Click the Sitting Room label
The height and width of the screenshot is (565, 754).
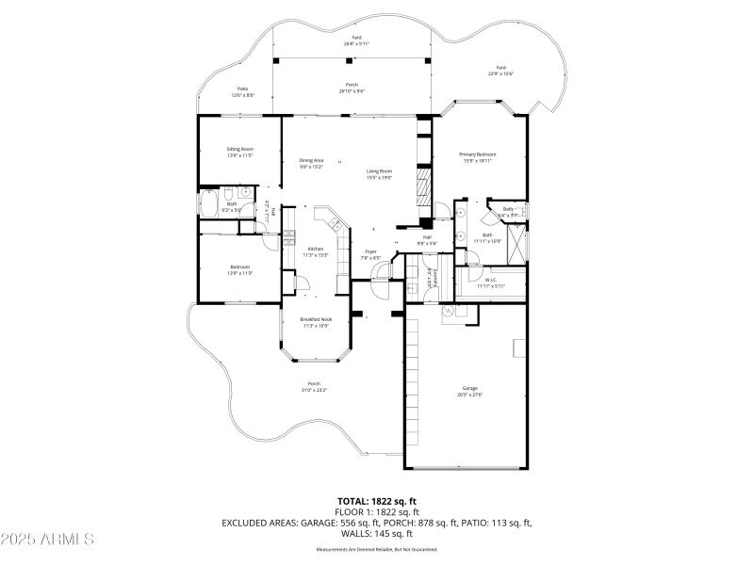(239, 149)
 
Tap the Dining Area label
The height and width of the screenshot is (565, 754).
(312, 161)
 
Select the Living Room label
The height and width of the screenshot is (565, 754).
(379, 171)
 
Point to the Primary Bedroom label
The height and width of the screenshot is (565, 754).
(478, 154)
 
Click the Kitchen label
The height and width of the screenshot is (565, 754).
(316, 249)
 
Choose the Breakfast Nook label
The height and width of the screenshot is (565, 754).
(316, 319)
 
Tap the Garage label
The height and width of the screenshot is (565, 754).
(468, 388)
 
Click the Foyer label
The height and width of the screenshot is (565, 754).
(371, 251)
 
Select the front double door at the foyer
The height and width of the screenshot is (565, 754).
(380, 274)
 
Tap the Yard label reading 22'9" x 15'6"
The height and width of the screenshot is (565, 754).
(501, 73)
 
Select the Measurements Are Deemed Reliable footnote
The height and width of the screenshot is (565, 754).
(376, 549)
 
